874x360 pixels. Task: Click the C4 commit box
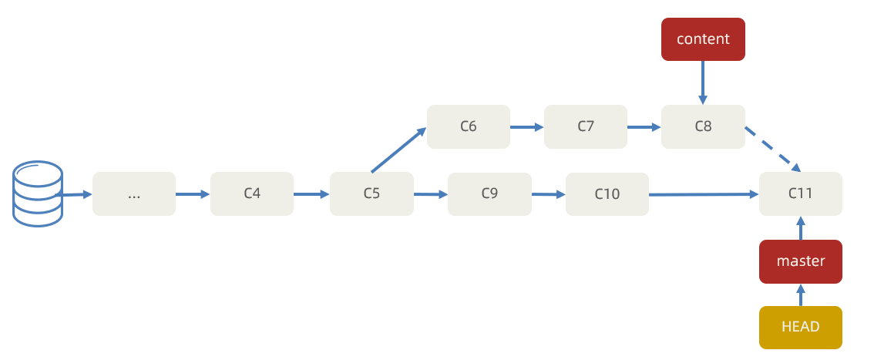point(252,193)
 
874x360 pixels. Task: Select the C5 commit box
point(371,193)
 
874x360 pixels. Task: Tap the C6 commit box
point(469,126)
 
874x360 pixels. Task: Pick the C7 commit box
point(586,126)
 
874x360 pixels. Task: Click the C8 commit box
point(703,126)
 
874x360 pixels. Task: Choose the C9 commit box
point(489,194)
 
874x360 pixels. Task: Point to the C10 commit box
point(607,194)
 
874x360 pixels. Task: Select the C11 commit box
point(801,193)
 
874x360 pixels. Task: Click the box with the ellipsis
point(134,193)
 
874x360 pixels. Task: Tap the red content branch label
point(703,39)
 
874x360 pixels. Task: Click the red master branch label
point(801,261)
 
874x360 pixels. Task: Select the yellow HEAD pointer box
point(801,327)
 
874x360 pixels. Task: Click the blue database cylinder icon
point(37,193)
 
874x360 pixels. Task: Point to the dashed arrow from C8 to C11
point(773,150)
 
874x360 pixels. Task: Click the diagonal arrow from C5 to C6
point(398,150)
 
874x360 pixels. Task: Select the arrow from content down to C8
point(703,82)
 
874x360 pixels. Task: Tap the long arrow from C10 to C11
point(704,194)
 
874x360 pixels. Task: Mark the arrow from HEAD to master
point(801,294)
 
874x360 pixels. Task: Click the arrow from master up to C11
point(801,228)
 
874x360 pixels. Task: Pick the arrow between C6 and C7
point(527,127)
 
